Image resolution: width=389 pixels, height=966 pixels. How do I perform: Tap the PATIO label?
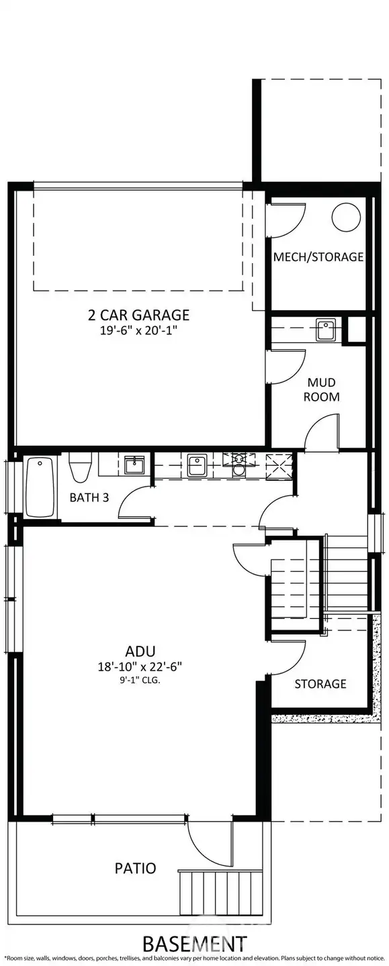click(x=134, y=868)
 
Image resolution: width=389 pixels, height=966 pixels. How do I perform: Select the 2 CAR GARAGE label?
click(x=138, y=314)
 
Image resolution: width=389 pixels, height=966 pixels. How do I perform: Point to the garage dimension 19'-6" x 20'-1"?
click(x=138, y=330)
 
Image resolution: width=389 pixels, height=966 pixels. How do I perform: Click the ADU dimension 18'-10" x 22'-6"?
click(x=141, y=667)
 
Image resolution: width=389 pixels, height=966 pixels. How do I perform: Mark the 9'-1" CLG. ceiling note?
click(x=141, y=680)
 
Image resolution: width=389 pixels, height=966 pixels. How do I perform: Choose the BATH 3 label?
click(x=89, y=497)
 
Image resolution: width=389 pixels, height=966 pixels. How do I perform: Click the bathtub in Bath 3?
click(x=41, y=487)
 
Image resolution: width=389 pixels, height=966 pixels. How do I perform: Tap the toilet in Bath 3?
click(x=79, y=468)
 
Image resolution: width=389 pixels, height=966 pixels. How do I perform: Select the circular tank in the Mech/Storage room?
click(x=347, y=216)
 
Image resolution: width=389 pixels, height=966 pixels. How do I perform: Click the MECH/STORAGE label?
click(x=318, y=256)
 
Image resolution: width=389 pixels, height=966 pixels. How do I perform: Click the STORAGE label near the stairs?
click(x=320, y=683)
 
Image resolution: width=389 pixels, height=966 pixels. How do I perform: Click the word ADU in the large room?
click(x=141, y=650)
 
